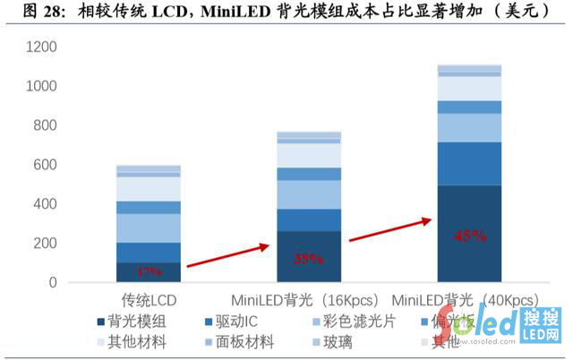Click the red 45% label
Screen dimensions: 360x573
coord(470,236)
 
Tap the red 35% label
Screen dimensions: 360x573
coord(309,259)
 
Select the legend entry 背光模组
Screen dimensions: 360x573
coord(134,320)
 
